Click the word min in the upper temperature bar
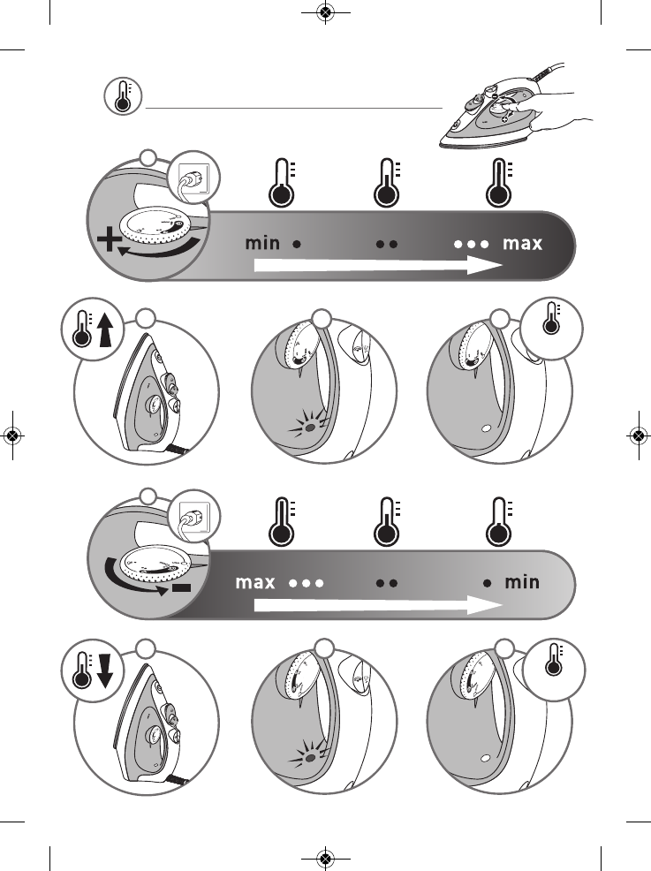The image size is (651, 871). pyautogui.click(x=262, y=243)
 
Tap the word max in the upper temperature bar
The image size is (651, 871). pyautogui.click(x=522, y=243)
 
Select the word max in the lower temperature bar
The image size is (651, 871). pyautogui.click(x=255, y=582)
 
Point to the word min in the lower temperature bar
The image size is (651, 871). pyautogui.click(x=521, y=581)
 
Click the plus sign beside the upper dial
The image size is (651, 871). pyautogui.click(x=110, y=241)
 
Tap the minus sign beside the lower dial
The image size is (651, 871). pyautogui.click(x=181, y=587)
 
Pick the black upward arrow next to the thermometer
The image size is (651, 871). pyautogui.click(x=105, y=330)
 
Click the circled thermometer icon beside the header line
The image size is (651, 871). pyautogui.click(x=123, y=96)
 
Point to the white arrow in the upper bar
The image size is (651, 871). pyautogui.click(x=378, y=265)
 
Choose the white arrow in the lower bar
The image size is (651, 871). pyautogui.click(x=378, y=604)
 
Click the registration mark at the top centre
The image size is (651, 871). pyautogui.click(x=326, y=11)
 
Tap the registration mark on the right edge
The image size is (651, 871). pyautogui.click(x=640, y=435)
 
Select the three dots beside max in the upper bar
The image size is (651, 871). pyautogui.click(x=471, y=244)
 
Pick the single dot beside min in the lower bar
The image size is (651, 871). pyautogui.click(x=487, y=583)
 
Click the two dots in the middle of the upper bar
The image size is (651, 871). pyautogui.click(x=387, y=244)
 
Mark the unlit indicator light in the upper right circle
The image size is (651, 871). pyautogui.click(x=487, y=428)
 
